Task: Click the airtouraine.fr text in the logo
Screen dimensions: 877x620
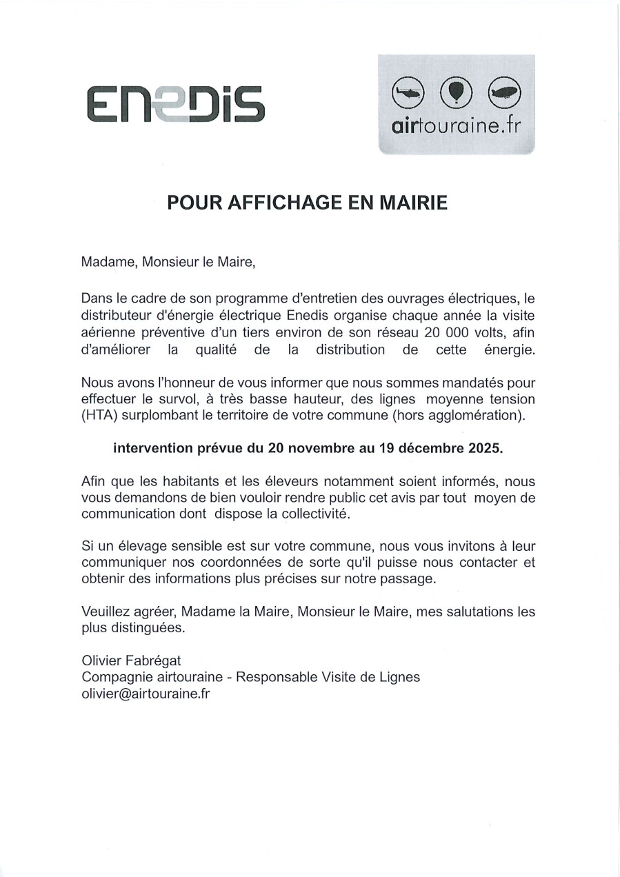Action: [456, 127]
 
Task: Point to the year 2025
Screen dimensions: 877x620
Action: [483, 448]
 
